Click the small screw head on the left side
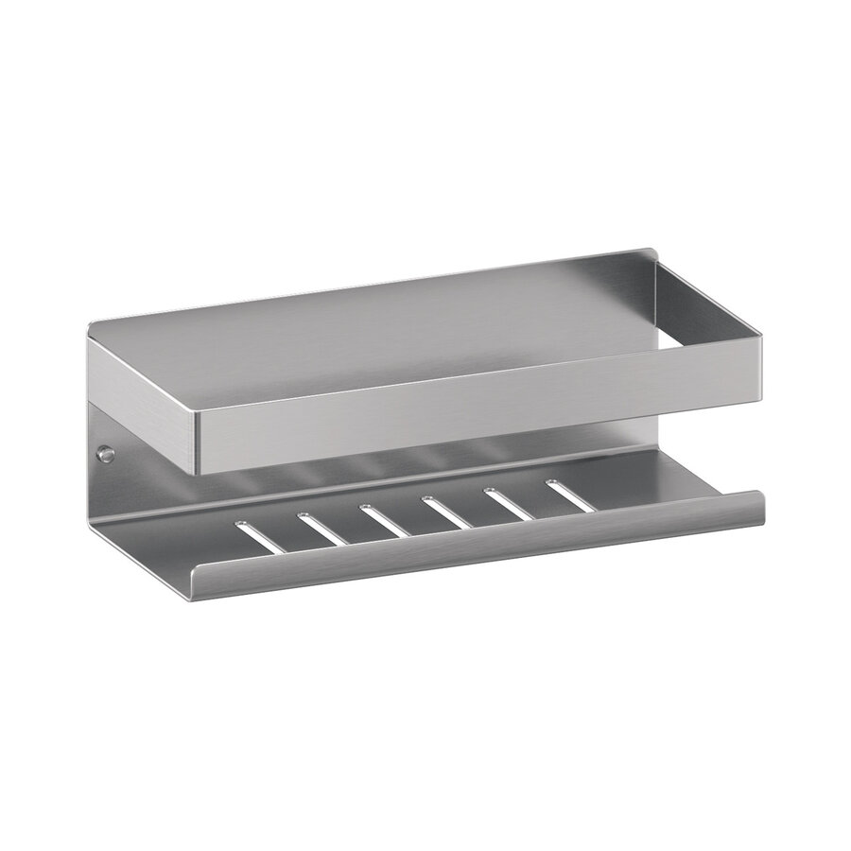[107, 455]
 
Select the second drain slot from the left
[322, 529]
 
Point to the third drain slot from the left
[384, 520]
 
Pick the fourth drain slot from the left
[445, 512]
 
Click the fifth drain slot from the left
[508, 503]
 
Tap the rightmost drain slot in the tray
[569, 495]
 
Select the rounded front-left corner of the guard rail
[196, 444]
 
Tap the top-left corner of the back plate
[92, 326]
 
